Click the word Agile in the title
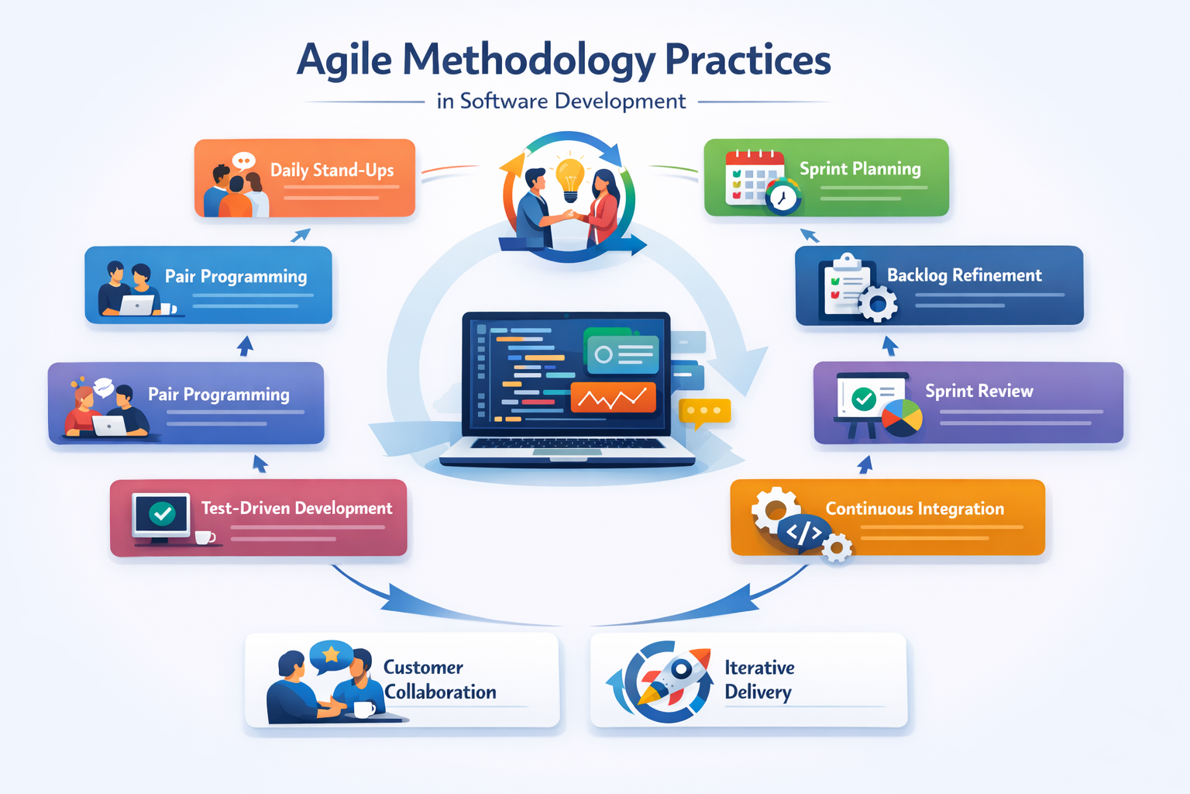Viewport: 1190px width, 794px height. point(344,60)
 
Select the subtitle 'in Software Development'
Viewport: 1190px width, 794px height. point(561,102)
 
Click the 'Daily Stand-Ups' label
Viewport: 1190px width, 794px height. point(332,170)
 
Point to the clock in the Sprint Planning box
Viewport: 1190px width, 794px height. point(782,197)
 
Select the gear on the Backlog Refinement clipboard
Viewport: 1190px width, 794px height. point(878,304)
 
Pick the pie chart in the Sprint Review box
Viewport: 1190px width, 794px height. point(902,417)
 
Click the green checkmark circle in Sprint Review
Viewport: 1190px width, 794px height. point(863,399)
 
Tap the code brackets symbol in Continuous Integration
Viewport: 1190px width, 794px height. point(804,533)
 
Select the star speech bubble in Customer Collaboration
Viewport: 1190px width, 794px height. point(331,656)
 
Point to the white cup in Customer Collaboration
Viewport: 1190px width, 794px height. point(363,709)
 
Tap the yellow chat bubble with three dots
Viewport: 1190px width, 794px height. point(703,412)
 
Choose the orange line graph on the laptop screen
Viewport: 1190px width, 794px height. point(613,398)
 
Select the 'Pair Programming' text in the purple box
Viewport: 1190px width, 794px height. point(218,395)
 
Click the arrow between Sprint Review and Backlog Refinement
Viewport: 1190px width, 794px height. point(890,346)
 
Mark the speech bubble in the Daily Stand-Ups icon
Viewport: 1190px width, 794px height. point(243,161)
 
